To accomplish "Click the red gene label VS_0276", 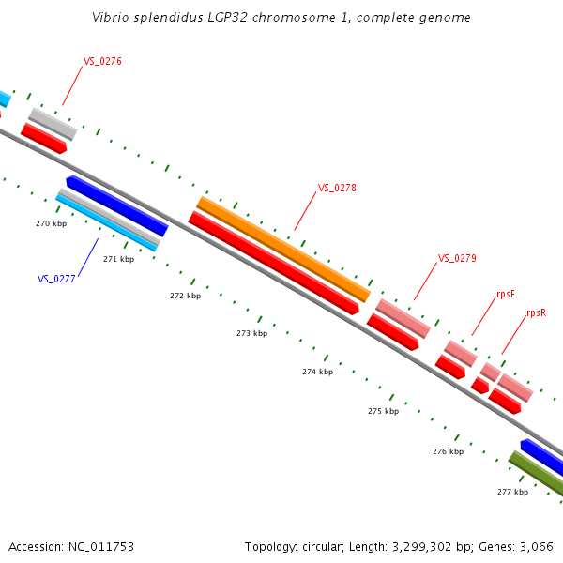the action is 102,61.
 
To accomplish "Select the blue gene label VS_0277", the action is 56,279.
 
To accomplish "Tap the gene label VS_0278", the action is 337,188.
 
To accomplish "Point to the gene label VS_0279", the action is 457,258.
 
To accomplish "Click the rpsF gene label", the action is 505,295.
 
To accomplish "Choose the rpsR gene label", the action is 536,312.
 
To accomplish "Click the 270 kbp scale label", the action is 51,223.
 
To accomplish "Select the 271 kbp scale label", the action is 118,259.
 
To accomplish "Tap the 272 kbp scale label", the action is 185,296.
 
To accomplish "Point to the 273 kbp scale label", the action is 251,333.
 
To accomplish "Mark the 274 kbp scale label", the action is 317,372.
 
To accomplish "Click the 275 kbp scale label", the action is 383,411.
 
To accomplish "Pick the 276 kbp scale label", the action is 448,451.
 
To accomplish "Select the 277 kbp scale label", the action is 512,492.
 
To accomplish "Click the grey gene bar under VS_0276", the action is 53,124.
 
